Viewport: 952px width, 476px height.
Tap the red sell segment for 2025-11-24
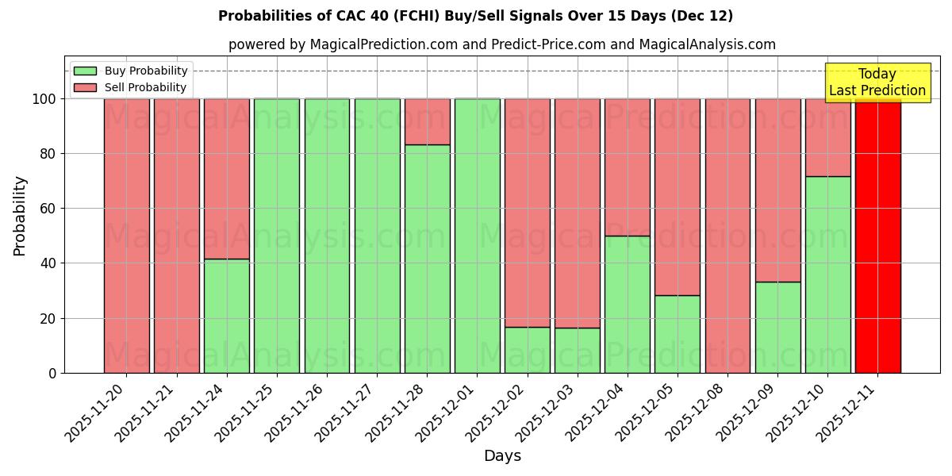pos(226,178)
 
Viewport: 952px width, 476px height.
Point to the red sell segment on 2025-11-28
pos(427,121)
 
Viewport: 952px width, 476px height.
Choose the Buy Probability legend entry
pos(131,71)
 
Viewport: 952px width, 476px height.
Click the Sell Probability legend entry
pos(131,87)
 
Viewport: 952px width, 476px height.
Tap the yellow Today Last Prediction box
pos(877,83)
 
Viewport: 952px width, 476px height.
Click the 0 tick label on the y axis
pos(52,373)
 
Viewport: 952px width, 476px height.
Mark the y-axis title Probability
pos(20,215)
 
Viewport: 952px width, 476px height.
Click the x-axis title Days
pos(502,456)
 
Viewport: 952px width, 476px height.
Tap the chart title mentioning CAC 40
pos(475,16)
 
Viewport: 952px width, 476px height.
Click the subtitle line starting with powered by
pos(501,44)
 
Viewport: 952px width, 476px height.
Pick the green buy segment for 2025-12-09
pos(777,327)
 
